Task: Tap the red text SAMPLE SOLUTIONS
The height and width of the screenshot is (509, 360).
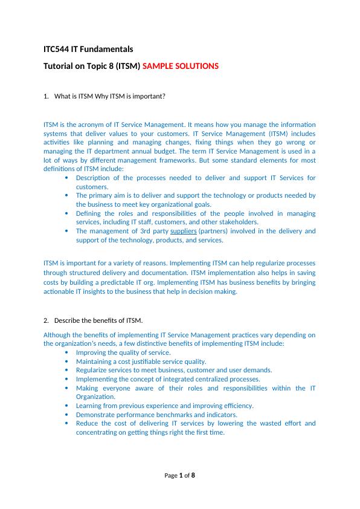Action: click(181, 66)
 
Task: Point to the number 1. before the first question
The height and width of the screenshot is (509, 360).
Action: click(47, 96)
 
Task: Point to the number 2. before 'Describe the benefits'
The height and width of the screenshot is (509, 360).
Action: click(47, 320)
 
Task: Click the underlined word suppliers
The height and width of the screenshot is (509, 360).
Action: click(184, 231)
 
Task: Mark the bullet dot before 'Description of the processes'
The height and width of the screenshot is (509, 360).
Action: click(66, 178)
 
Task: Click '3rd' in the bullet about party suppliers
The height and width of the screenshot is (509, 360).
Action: click(143, 231)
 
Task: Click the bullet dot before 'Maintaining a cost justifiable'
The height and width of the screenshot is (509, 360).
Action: click(66, 361)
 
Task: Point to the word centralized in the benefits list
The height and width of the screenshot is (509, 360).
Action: click(181, 379)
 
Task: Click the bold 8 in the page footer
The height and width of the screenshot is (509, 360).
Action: click(193, 476)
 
